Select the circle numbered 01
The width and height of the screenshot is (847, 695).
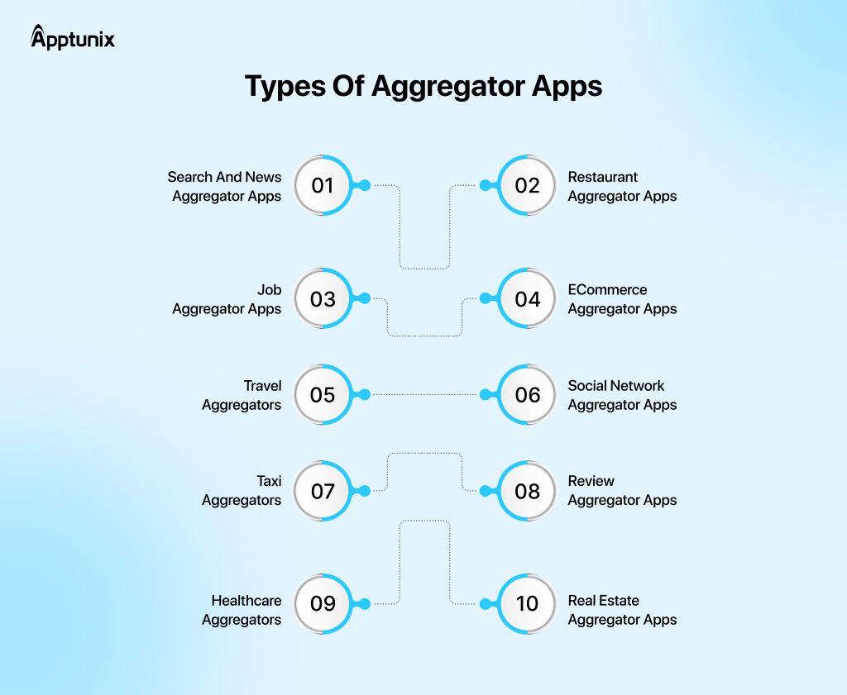coord(323,185)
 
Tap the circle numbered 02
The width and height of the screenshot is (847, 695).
coord(527,185)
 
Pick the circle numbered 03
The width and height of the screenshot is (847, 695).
coord(323,298)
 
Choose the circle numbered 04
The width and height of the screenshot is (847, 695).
coord(527,298)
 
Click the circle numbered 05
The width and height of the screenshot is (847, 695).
coord(323,395)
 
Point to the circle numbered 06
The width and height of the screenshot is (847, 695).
coord(527,395)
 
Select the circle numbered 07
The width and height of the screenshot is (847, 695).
coord(323,492)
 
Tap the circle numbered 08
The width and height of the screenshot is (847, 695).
coord(527,492)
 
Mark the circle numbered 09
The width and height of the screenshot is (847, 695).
coord(323,603)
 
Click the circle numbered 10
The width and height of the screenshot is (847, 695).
coord(527,603)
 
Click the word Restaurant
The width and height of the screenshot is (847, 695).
coord(602,177)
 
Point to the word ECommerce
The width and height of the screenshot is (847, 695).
coord(607,290)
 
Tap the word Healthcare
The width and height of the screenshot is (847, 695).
coord(246,601)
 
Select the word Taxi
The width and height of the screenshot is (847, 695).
coord(269,481)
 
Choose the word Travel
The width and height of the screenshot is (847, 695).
coord(262,386)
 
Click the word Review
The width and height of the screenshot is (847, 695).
coord(591,481)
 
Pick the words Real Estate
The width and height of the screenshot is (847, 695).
coord(603,601)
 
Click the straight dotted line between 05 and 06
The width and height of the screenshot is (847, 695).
coord(424,395)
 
